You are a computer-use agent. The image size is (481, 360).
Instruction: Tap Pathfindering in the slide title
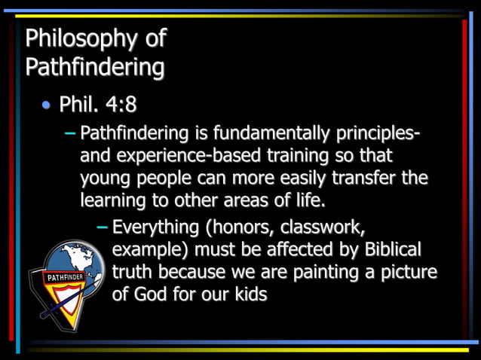tap(95, 67)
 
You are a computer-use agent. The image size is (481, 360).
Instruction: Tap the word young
tap(105, 178)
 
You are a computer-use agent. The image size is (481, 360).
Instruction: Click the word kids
tap(248, 294)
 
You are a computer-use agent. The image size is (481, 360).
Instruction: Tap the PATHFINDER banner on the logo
tap(66, 277)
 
